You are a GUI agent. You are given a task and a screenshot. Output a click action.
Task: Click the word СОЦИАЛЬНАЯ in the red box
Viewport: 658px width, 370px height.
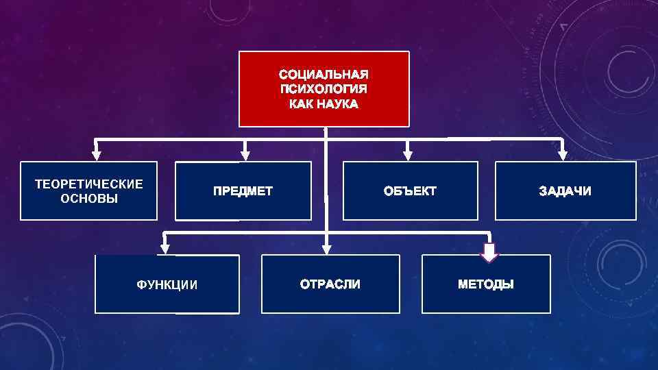pyautogui.click(x=324, y=74)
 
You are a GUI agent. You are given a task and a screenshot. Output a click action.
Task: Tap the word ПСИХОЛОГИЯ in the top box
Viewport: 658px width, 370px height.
pyautogui.click(x=324, y=89)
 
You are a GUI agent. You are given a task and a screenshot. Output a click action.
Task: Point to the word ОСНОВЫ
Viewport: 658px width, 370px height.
pyautogui.click(x=89, y=199)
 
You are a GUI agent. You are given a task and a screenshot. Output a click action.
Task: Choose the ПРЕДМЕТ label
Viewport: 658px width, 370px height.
pyautogui.click(x=243, y=191)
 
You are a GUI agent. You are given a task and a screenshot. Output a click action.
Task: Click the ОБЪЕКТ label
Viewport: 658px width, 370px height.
pyautogui.click(x=410, y=191)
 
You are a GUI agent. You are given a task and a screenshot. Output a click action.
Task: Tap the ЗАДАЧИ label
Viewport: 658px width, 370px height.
pyautogui.click(x=565, y=191)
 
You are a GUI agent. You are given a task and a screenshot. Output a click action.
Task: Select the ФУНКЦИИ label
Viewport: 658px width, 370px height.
pyautogui.click(x=167, y=285)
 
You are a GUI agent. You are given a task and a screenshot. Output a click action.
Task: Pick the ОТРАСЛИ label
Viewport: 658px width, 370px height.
pyautogui.click(x=330, y=284)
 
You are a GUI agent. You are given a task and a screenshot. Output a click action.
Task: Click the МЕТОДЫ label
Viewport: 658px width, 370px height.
pyautogui.click(x=485, y=284)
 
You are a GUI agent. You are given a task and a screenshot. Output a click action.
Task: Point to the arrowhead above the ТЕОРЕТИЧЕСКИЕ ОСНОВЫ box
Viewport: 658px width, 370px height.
pyautogui.click(x=97, y=155)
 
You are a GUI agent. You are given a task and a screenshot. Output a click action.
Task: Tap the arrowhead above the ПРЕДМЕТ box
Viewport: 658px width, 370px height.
pyautogui.click(x=245, y=155)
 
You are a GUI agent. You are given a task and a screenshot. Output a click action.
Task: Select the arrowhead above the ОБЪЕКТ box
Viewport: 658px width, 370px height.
pyautogui.click(x=408, y=155)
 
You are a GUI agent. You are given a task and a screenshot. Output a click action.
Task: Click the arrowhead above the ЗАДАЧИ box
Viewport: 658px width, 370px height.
pyautogui.click(x=562, y=155)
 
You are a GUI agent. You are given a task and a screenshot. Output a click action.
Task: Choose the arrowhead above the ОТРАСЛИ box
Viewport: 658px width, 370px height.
pyautogui.click(x=327, y=247)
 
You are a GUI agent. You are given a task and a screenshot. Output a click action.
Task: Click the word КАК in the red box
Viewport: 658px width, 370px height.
pyautogui.click(x=301, y=105)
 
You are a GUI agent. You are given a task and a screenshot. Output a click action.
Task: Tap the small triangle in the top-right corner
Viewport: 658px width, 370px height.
pyautogui.click(x=563, y=26)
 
